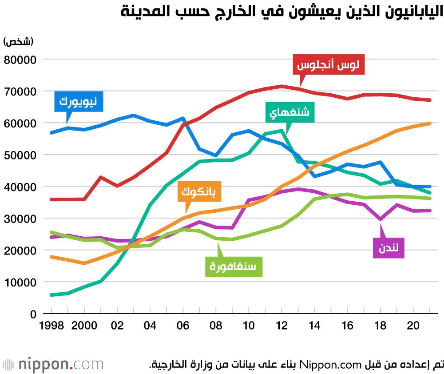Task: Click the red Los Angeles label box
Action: pyautogui.click(x=329, y=66)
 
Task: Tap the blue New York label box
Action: pyautogui.click(x=79, y=102)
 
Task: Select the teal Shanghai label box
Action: pyautogui.click(x=290, y=112)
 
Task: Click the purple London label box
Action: pyautogui.click(x=388, y=248)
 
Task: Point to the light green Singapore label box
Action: pyautogui.click(x=233, y=267)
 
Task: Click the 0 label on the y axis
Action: pyautogui.click(x=33, y=314)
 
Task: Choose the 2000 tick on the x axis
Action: pyautogui.click(x=84, y=326)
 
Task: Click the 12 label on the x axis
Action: pyautogui.click(x=281, y=326)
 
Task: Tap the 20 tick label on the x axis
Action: pyautogui.click(x=413, y=326)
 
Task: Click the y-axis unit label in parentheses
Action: pyautogui.click(x=19, y=42)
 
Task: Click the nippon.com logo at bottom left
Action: pyautogui.click(x=53, y=365)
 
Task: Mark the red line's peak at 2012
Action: pyautogui.click(x=281, y=86)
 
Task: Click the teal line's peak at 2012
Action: pyautogui.click(x=281, y=131)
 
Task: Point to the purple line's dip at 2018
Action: pyautogui.click(x=380, y=219)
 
